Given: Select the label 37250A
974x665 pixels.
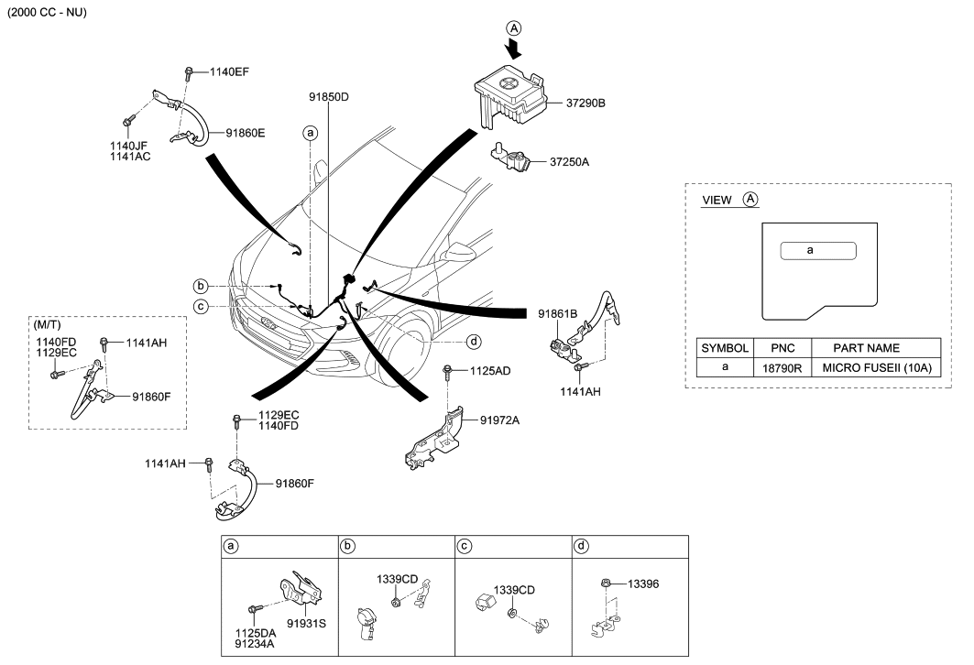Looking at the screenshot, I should [570, 162].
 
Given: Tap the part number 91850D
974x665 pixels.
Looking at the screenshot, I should [328, 96].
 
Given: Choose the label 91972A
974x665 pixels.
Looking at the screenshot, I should [499, 420].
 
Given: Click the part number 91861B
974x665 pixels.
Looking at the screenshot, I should [558, 314].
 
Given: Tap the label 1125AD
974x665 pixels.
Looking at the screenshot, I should [490, 371].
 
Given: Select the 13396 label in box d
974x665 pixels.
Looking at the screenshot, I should [644, 583].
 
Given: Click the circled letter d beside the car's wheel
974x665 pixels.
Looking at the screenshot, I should [474, 342].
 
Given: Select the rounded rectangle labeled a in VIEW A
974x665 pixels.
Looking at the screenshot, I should [817, 250].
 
